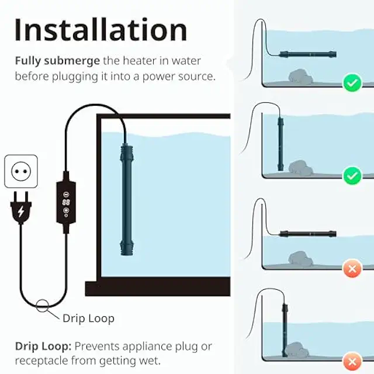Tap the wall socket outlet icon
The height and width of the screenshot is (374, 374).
click(21, 171)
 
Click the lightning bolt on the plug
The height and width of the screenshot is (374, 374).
click(21, 212)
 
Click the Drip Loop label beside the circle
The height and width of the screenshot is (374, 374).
click(88, 318)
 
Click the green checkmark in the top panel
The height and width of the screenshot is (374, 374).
click(352, 83)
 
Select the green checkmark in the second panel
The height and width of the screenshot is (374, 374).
click(352, 174)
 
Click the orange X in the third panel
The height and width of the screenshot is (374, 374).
click(352, 269)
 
